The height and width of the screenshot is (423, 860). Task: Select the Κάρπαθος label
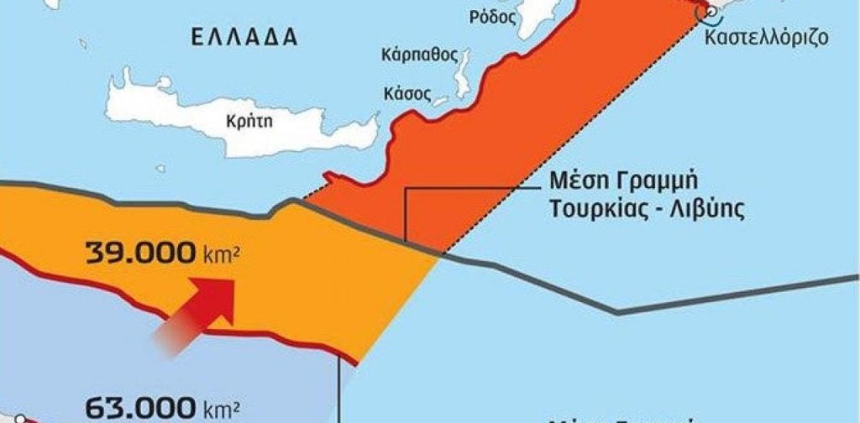pos(419,55)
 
